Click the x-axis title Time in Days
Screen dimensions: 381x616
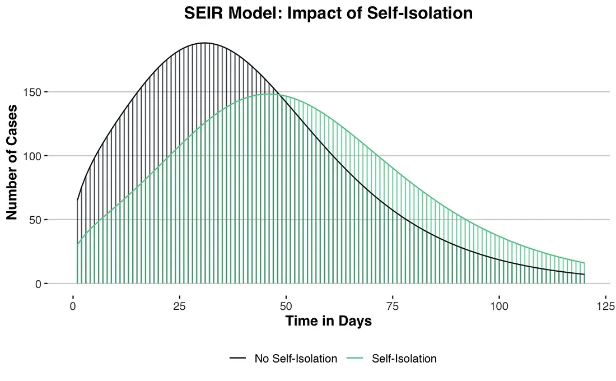328,321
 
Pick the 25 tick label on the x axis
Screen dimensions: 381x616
179,306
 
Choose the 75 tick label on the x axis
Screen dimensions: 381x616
393,306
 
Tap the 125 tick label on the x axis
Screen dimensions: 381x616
606,306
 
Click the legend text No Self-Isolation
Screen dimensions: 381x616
296,359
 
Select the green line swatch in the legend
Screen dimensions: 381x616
356,359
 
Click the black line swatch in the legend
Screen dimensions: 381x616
239,359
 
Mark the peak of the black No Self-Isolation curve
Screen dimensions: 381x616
204,43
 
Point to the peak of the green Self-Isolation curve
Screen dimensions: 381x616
269,94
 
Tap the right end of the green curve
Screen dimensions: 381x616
584,263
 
